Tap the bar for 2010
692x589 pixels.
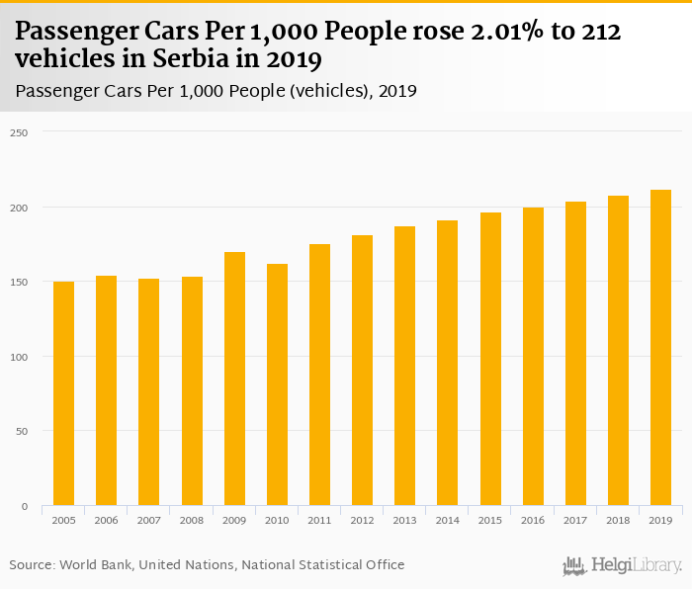pyautogui.click(x=277, y=384)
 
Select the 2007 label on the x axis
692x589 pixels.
pyautogui.click(x=148, y=520)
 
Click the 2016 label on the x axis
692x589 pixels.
pyautogui.click(x=533, y=520)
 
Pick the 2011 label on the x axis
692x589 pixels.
pyautogui.click(x=319, y=520)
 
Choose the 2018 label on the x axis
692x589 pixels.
pyautogui.click(x=618, y=520)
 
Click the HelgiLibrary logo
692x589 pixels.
pyautogui.click(x=623, y=566)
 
